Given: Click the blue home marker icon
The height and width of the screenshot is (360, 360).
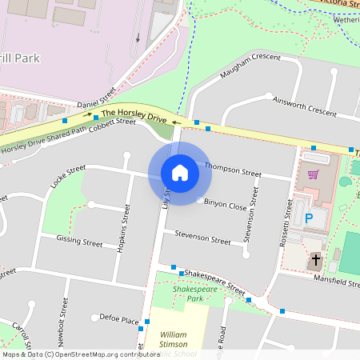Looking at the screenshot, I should [180, 173].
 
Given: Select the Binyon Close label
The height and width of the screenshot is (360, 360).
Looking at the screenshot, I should [226, 206].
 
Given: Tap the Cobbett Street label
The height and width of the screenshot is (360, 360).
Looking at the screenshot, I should [113, 125].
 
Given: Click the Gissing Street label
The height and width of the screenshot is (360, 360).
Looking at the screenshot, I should [80, 241].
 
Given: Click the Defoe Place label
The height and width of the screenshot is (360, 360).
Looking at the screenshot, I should [119, 318].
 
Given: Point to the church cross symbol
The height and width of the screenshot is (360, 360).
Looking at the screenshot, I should [316, 260].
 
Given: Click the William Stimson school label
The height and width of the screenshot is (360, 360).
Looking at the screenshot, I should [178, 338].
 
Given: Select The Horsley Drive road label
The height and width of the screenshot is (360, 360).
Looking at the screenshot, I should [134, 116].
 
